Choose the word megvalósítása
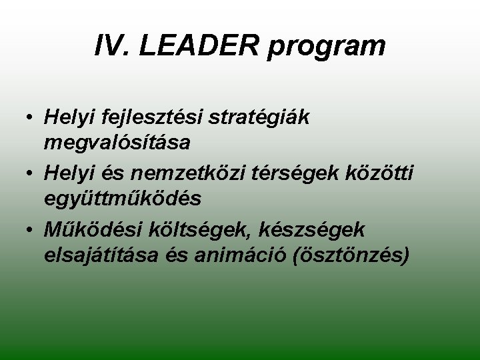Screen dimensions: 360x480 (117, 141)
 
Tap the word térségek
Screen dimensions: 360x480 (299, 174)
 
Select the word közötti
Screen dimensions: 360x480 (383, 174)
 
